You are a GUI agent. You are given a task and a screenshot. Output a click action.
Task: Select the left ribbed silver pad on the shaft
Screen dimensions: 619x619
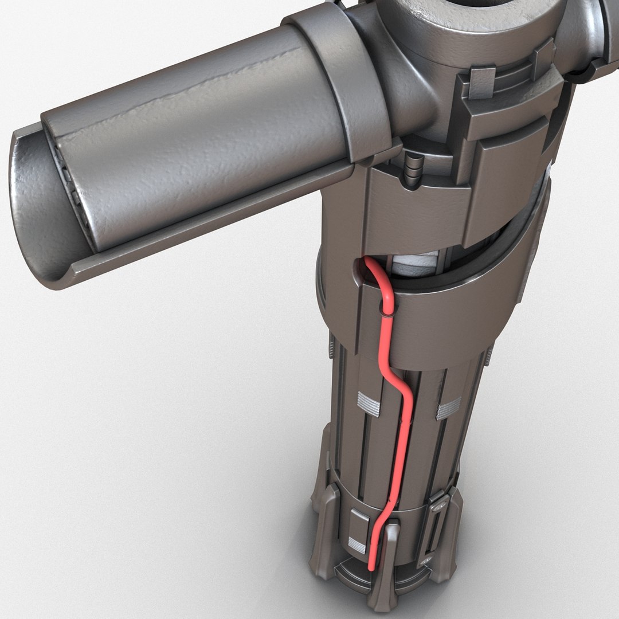tap(368, 403)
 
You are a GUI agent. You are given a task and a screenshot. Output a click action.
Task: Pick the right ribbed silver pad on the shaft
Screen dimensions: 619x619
tap(449, 408)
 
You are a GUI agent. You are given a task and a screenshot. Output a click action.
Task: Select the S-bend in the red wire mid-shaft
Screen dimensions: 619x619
tap(401, 384)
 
